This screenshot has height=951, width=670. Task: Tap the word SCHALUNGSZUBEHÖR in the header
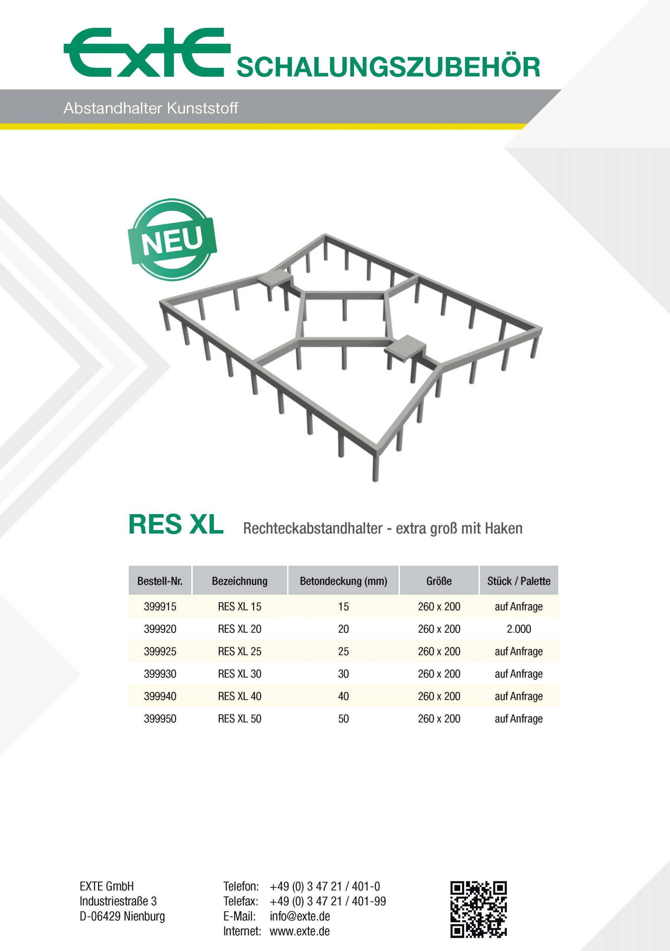[388, 68]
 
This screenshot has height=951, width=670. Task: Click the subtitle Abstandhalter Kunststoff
[151, 108]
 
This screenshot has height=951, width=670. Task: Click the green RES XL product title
[176, 525]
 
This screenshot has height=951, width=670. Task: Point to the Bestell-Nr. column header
[160, 581]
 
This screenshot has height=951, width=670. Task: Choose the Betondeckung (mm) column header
[343, 581]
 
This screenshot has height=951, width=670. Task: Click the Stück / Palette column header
[518, 581]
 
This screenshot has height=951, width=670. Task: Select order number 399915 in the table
[160, 607]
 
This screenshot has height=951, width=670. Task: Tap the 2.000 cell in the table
[518, 629]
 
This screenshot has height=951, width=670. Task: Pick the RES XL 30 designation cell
[239, 674]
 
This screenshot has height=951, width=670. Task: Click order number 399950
[160, 718]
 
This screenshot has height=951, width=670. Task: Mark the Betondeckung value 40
[343, 696]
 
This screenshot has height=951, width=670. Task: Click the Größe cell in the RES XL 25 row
[439, 652]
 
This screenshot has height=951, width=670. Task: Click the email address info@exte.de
[300, 916]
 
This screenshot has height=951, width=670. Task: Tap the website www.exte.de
[300, 931]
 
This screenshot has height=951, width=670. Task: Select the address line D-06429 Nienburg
[122, 916]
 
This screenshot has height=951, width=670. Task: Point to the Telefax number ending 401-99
[328, 901]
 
